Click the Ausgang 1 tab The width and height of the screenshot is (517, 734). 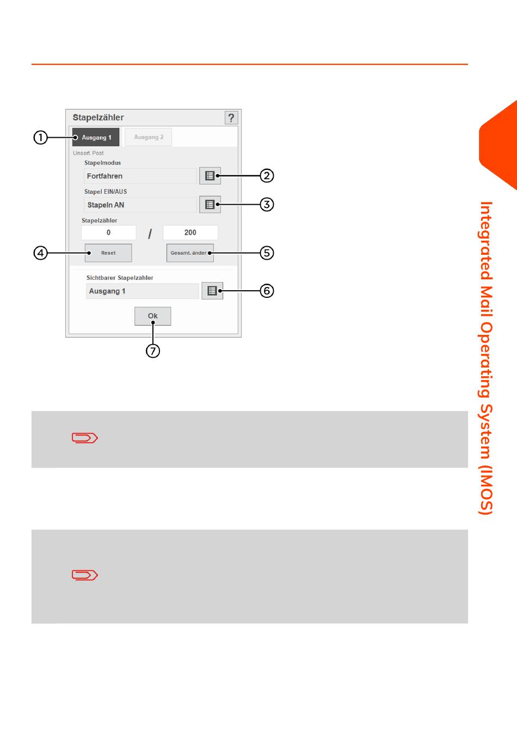(x=96, y=137)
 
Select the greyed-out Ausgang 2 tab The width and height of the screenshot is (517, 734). (x=148, y=137)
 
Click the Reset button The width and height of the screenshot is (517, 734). (x=108, y=253)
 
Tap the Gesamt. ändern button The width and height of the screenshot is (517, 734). (x=189, y=253)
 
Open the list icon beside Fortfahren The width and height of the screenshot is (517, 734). (x=210, y=176)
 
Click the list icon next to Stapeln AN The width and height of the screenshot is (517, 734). (x=210, y=205)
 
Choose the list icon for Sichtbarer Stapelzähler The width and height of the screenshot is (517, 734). (x=212, y=291)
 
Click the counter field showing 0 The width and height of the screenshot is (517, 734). (x=108, y=233)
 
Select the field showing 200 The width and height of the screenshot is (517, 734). (x=190, y=233)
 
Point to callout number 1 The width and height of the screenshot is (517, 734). (x=40, y=137)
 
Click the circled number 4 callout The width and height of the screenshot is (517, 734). (x=40, y=253)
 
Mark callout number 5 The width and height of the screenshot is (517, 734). (x=267, y=253)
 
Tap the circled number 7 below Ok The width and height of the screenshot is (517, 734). (x=153, y=351)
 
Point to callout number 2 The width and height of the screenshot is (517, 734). (x=267, y=175)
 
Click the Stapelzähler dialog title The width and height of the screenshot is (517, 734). (x=99, y=118)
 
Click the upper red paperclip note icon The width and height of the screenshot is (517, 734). (x=84, y=438)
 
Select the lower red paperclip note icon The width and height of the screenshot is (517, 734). (x=84, y=575)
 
